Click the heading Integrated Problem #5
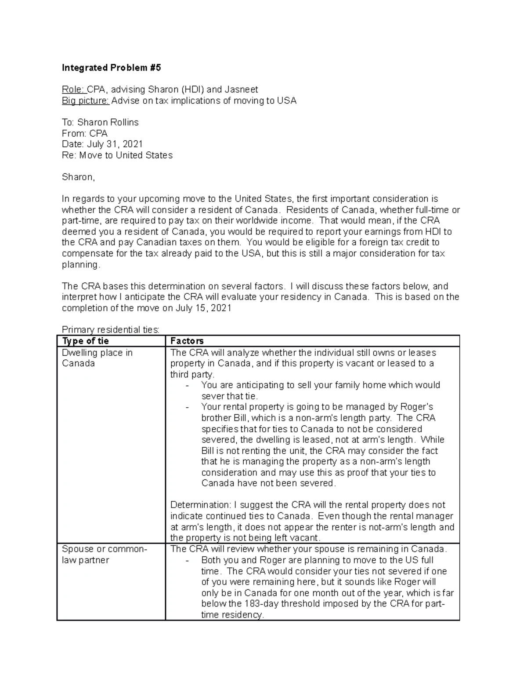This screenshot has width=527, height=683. pyautogui.click(x=111, y=68)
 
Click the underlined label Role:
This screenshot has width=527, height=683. pyautogui.click(x=73, y=90)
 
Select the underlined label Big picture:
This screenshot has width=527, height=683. pyautogui.click(x=85, y=101)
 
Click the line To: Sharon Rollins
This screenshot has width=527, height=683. pyautogui.click(x=100, y=122)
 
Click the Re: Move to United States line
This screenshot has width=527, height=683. pyautogui.click(x=117, y=155)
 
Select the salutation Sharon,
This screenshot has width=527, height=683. pyautogui.click(x=78, y=177)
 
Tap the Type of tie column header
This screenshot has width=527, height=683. pyautogui.click(x=86, y=341)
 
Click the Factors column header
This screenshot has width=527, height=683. pyautogui.click(x=187, y=341)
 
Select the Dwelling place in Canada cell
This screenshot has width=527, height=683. pyautogui.click(x=97, y=358)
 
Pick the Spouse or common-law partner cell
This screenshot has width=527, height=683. pyautogui.click(x=104, y=555)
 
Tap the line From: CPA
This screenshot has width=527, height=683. pyautogui.click(x=85, y=133)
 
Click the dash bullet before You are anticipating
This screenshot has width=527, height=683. pyautogui.click(x=188, y=386)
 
